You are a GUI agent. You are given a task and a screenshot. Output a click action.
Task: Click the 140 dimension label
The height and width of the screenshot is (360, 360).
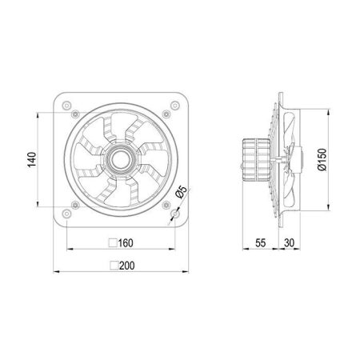coord(32,160)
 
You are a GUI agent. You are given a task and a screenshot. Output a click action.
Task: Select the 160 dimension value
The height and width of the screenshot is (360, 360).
coord(126,243)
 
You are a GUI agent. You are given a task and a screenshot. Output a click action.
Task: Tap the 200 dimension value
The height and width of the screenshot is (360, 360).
coord(127,266)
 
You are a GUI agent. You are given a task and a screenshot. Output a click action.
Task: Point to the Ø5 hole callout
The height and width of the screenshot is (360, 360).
coord(182,192)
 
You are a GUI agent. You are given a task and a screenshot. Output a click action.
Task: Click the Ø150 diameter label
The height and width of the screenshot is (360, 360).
coord(322,159)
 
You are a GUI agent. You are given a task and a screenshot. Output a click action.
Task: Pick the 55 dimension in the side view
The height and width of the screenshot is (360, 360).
coord(261,243)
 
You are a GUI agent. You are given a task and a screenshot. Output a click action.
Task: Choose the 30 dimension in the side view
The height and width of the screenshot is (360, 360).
coord(289,243)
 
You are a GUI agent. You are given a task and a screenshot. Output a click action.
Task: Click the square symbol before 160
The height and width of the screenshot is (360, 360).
coord(113,242)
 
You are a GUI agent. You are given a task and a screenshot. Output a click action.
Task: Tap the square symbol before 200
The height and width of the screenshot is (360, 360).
coord(114,266)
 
